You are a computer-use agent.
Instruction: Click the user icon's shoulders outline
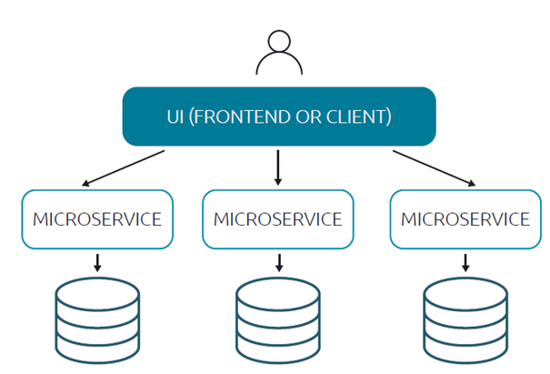click(x=279, y=66)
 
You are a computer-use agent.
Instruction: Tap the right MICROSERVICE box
click(x=465, y=219)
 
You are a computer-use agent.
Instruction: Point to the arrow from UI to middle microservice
click(x=278, y=167)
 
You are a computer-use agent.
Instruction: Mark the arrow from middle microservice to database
click(x=278, y=262)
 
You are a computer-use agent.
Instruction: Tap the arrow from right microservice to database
click(x=465, y=262)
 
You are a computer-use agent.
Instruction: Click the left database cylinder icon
click(x=96, y=322)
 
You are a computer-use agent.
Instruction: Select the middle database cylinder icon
click(x=278, y=322)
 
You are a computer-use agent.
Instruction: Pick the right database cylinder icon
click(x=465, y=322)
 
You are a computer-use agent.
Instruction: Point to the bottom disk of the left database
click(x=96, y=350)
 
